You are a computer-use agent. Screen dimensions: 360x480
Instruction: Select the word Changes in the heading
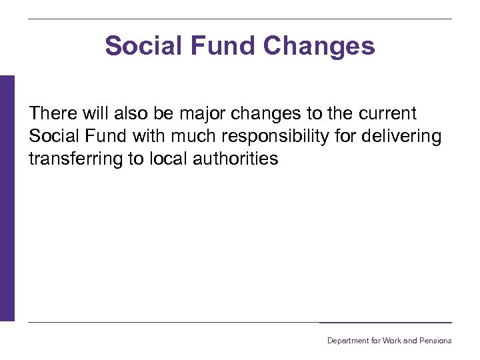coord(319,46)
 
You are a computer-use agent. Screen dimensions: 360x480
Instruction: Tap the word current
coord(386,113)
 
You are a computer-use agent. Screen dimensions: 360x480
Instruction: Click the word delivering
coord(405,137)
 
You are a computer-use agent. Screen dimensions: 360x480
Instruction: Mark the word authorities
coord(237,159)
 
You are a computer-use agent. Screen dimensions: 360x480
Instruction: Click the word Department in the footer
coord(347,341)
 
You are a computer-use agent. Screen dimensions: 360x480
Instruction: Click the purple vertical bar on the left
coord(7,198)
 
